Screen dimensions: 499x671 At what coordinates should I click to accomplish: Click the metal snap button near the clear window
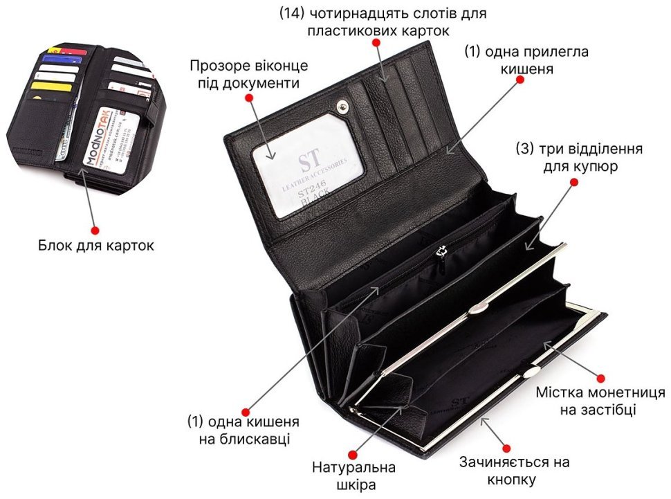[x=342, y=105]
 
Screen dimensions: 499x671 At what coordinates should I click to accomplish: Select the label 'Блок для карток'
[x=96, y=245]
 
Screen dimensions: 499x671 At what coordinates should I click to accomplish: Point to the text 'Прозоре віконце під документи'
[x=249, y=74]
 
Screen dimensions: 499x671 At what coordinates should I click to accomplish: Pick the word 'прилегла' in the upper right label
[x=538, y=52]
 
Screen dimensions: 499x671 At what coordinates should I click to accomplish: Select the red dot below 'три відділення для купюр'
[x=573, y=183]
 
